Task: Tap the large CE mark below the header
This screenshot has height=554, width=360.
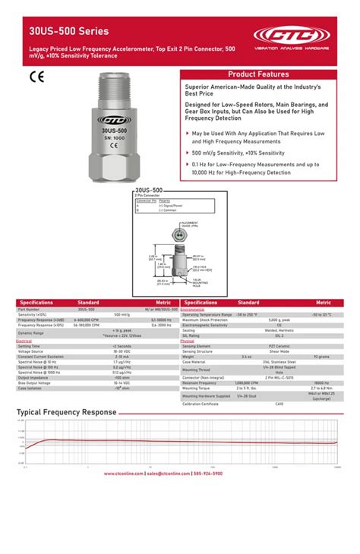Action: [37, 76]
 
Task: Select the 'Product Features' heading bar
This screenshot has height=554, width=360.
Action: [258, 74]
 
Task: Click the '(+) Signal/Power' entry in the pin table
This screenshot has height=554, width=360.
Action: [172, 205]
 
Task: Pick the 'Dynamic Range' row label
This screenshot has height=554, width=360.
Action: [33, 333]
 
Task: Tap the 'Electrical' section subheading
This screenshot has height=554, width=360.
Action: [24, 342]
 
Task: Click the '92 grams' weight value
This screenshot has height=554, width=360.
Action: [322, 357]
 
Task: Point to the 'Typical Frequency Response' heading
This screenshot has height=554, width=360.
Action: [67, 412]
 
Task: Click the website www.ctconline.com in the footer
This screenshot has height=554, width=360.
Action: [121, 473]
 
